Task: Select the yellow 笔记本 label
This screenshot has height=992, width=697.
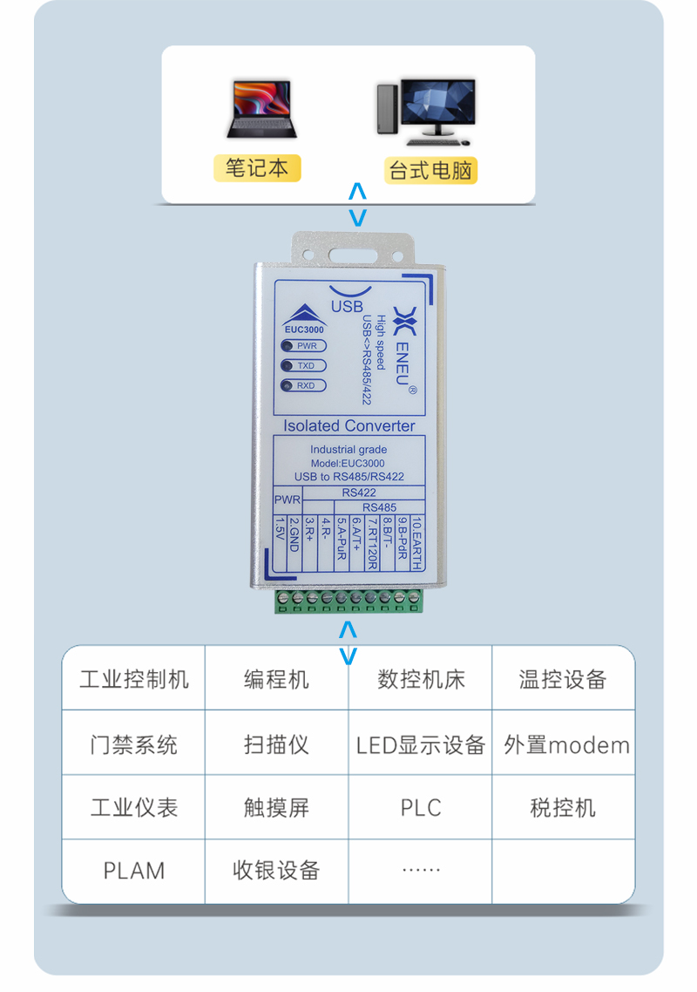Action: tap(257, 167)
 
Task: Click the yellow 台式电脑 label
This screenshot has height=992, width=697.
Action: tap(430, 170)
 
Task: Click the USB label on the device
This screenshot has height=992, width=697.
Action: tap(347, 307)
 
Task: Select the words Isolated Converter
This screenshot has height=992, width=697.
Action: tap(349, 426)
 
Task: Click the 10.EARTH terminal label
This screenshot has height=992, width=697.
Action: tap(416, 543)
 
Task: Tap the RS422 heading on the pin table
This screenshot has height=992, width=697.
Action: tap(359, 493)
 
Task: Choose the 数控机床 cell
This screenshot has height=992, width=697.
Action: tap(421, 680)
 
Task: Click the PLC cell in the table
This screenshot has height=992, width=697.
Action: tap(421, 807)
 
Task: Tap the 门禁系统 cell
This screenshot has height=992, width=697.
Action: tap(133, 745)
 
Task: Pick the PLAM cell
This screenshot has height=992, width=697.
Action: tap(133, 871)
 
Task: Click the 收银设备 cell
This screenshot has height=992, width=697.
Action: tap(276, 870)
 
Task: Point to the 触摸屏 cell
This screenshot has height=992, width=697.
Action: tap(276, 808)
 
